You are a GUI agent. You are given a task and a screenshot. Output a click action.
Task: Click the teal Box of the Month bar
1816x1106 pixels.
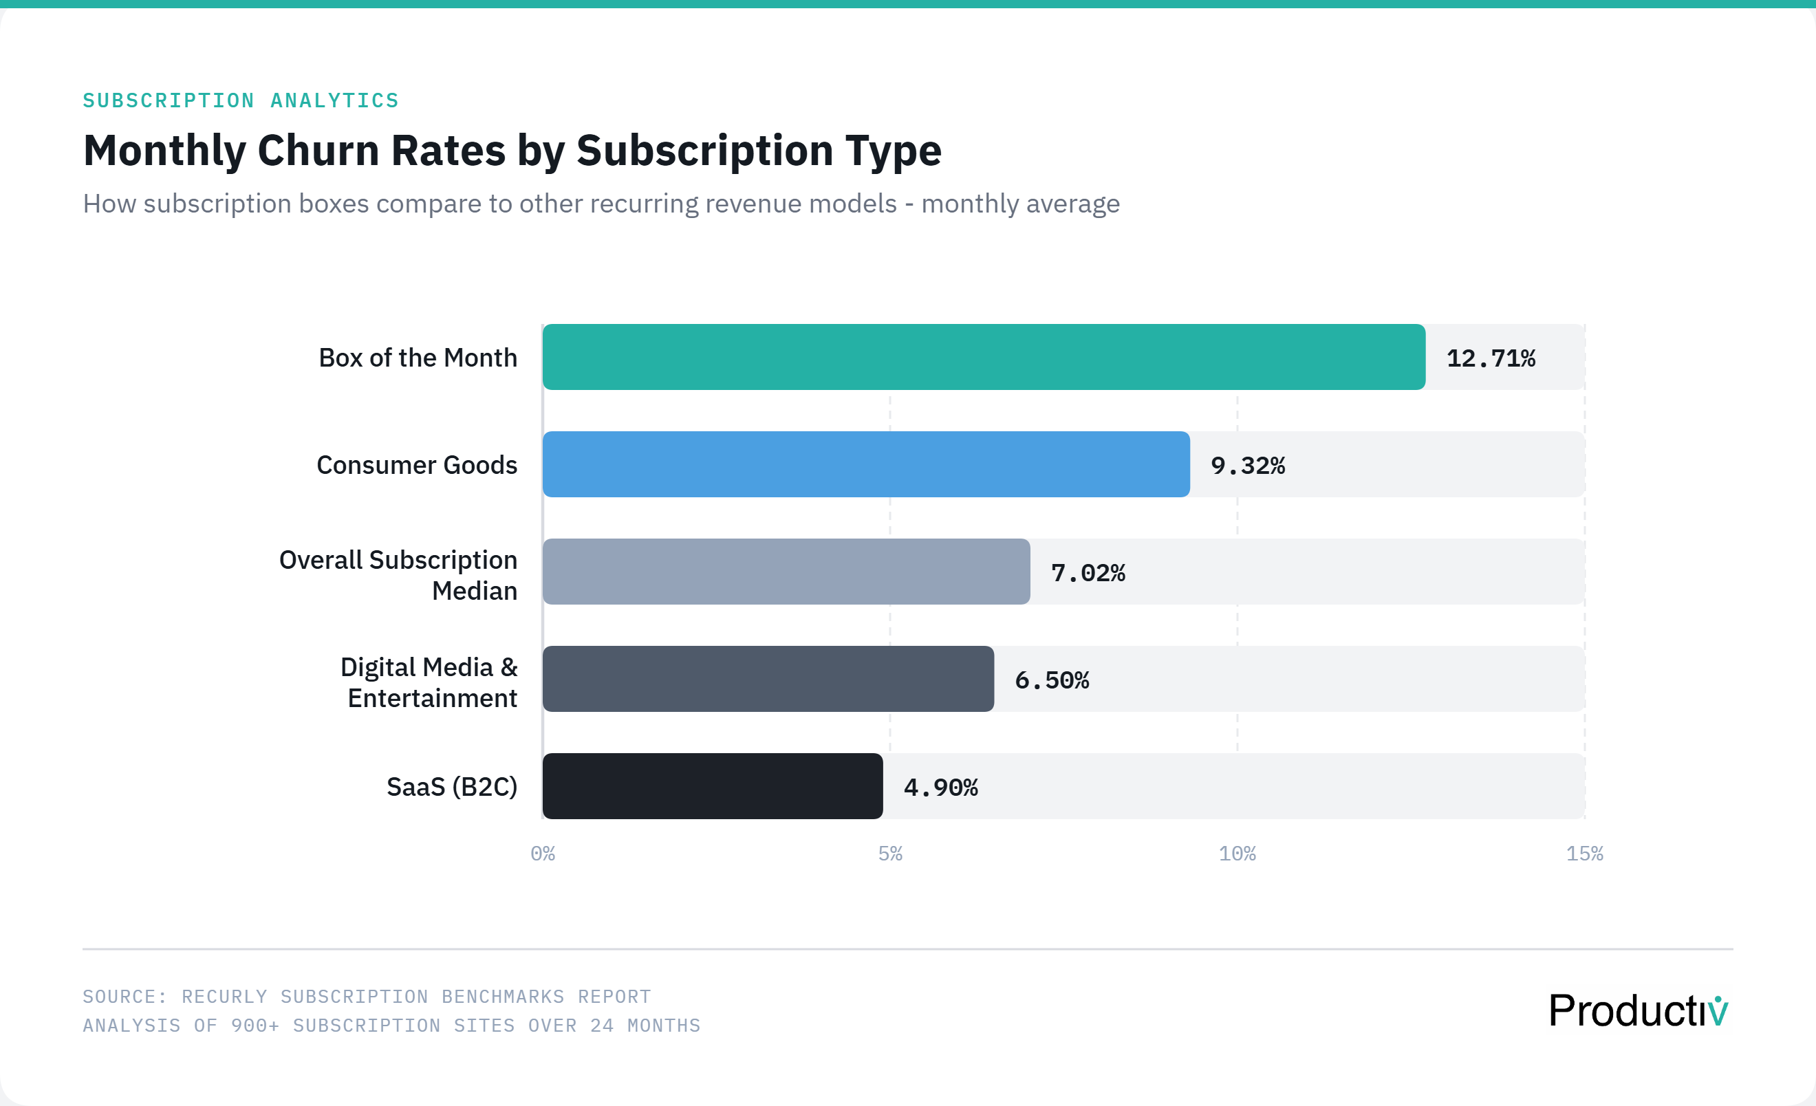coord(983,357)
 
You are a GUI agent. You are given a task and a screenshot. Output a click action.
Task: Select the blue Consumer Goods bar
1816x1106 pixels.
coord(865,464)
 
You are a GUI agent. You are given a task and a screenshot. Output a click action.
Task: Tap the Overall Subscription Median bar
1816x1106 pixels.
coord(786,571)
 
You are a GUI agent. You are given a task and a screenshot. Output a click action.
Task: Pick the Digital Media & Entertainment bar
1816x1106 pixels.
coord(767,679)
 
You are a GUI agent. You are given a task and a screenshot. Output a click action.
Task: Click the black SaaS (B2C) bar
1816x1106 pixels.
coord(712,785)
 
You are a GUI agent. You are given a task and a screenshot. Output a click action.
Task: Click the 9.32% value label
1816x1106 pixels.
coord(1247,466)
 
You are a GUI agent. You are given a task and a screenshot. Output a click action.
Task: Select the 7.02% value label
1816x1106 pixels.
coord(1087,572)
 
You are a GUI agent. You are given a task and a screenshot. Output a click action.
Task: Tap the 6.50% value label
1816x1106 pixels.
coord(1051,680)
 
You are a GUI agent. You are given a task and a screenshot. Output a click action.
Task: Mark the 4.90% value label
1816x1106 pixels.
coord(940,788)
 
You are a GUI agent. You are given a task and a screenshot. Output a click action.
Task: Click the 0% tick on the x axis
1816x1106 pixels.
coord(543,854)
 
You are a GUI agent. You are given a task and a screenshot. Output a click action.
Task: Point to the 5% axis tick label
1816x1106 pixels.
coord(889,854)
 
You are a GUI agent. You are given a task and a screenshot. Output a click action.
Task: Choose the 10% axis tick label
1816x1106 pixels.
coord(1237,854)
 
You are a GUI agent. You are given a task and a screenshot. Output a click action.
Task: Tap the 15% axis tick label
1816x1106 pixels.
coord(1583,854)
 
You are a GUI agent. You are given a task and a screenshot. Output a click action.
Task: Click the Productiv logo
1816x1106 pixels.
coord(1638,1010)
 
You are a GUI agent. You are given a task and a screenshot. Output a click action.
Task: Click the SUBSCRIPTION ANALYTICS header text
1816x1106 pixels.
coord(240,100)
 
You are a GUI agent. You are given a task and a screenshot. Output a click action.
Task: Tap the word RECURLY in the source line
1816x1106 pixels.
coord(224,996)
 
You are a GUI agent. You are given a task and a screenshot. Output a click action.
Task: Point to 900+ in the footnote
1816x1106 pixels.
coord(255,1025)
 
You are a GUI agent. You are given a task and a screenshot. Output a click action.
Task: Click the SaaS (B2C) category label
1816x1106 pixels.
coord(452,786)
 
